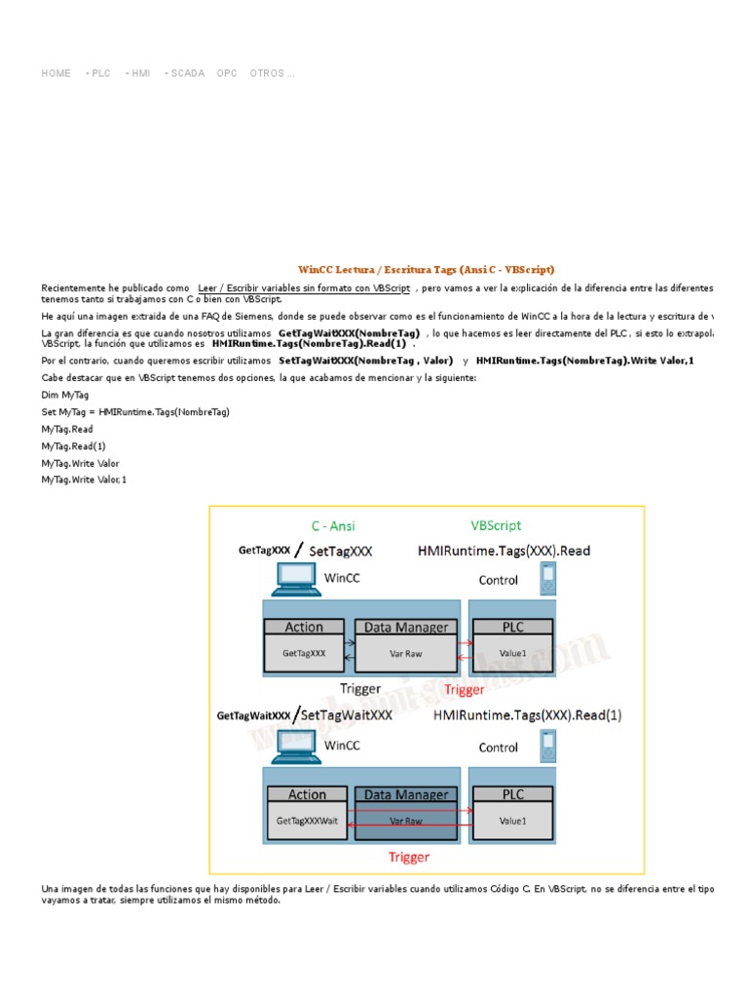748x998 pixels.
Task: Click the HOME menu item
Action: pos(56,73)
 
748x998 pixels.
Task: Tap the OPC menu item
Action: pos(227,73)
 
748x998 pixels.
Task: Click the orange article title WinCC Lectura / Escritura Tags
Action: pos(427,269)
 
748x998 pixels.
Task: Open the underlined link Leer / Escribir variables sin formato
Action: pos(303,288)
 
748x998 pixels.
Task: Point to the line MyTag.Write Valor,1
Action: pos(84,480)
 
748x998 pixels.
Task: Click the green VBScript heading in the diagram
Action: pos(496,524)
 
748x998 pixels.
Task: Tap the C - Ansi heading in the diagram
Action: pos(332,525)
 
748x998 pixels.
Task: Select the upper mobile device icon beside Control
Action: pos(548,579)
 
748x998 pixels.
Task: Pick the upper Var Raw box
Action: pos(405,654)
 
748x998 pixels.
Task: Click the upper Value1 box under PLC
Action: pos(512,654)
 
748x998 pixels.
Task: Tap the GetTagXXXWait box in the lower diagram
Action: pos(307,821)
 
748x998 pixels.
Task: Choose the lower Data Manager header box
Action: pos(405,795)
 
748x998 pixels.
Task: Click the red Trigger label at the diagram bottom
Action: pos(409,857)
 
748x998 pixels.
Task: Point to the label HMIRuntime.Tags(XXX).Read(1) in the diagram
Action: pos(527,715)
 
